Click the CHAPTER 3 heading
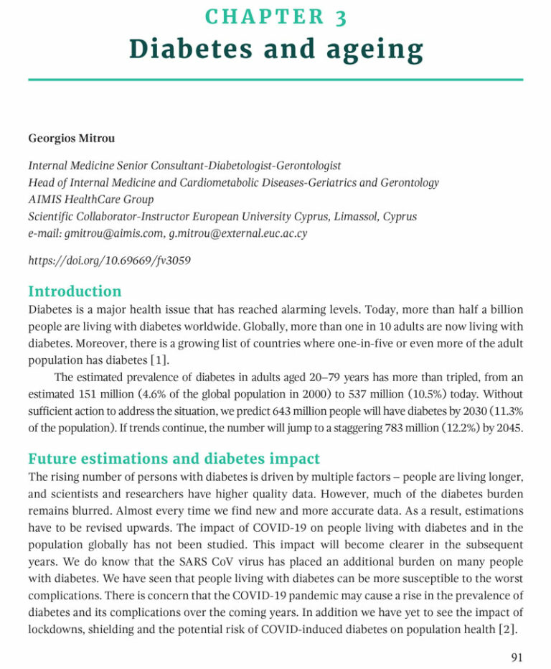coord(275,17)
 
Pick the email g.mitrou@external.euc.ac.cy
coord(237,235)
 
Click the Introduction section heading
coord(75,291)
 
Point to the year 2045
coord(509,428)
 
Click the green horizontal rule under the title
coord(275,80)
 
